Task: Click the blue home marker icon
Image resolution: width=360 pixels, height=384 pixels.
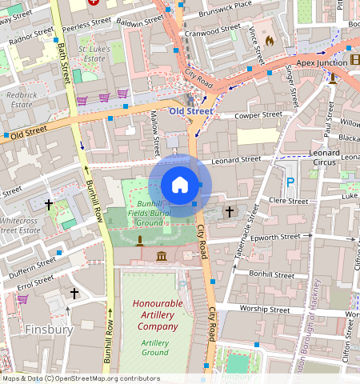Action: pos(180,185)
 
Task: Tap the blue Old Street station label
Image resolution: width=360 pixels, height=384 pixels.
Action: pos(190,111)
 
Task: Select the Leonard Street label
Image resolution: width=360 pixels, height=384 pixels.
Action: pos(236,160)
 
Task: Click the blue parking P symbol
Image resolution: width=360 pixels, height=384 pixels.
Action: pos(290,183)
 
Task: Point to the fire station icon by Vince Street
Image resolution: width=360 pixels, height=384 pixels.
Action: pos(269,38)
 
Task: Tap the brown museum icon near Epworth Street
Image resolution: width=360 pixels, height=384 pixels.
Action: pos(162,256)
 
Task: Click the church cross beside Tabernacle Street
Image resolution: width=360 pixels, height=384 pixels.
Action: pos(230,212)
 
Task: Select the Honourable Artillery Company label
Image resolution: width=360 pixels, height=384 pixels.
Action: pos(158,314)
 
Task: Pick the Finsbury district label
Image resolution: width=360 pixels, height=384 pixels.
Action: pos(49,329)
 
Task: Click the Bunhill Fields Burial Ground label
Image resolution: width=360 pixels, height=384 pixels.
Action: pos(150,213)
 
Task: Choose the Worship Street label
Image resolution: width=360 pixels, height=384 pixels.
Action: pos(257,309)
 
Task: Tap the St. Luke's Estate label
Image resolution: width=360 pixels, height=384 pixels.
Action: pos(95,54)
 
